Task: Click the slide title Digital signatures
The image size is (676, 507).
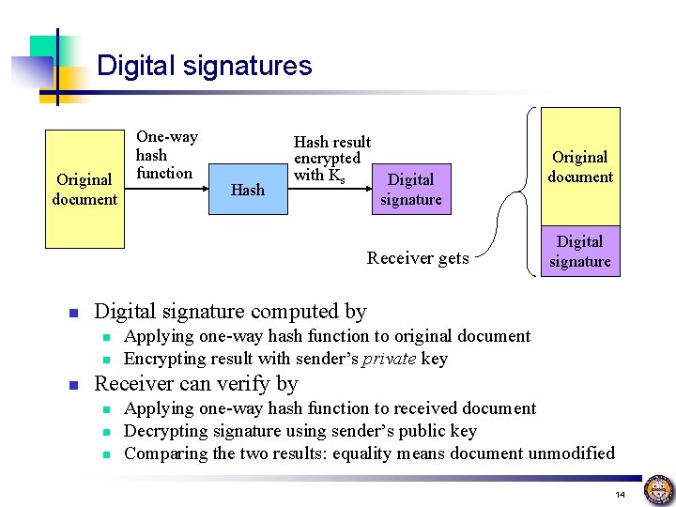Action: pos(204,66)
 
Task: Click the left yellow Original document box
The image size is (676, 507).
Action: pos(84,189)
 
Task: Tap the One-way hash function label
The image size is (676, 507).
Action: pos(166,154)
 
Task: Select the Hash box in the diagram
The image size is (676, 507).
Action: pos(248,190)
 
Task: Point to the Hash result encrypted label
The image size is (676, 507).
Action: pos(331,158)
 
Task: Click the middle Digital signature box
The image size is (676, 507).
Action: pos(411,189)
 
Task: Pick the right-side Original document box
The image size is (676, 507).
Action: pos(580,166)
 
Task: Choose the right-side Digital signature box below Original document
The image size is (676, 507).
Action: pos(580,252)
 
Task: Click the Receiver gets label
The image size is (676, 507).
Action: pos(418,258)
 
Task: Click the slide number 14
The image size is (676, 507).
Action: pos(620,494)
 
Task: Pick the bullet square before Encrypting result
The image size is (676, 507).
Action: pos(107,360)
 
